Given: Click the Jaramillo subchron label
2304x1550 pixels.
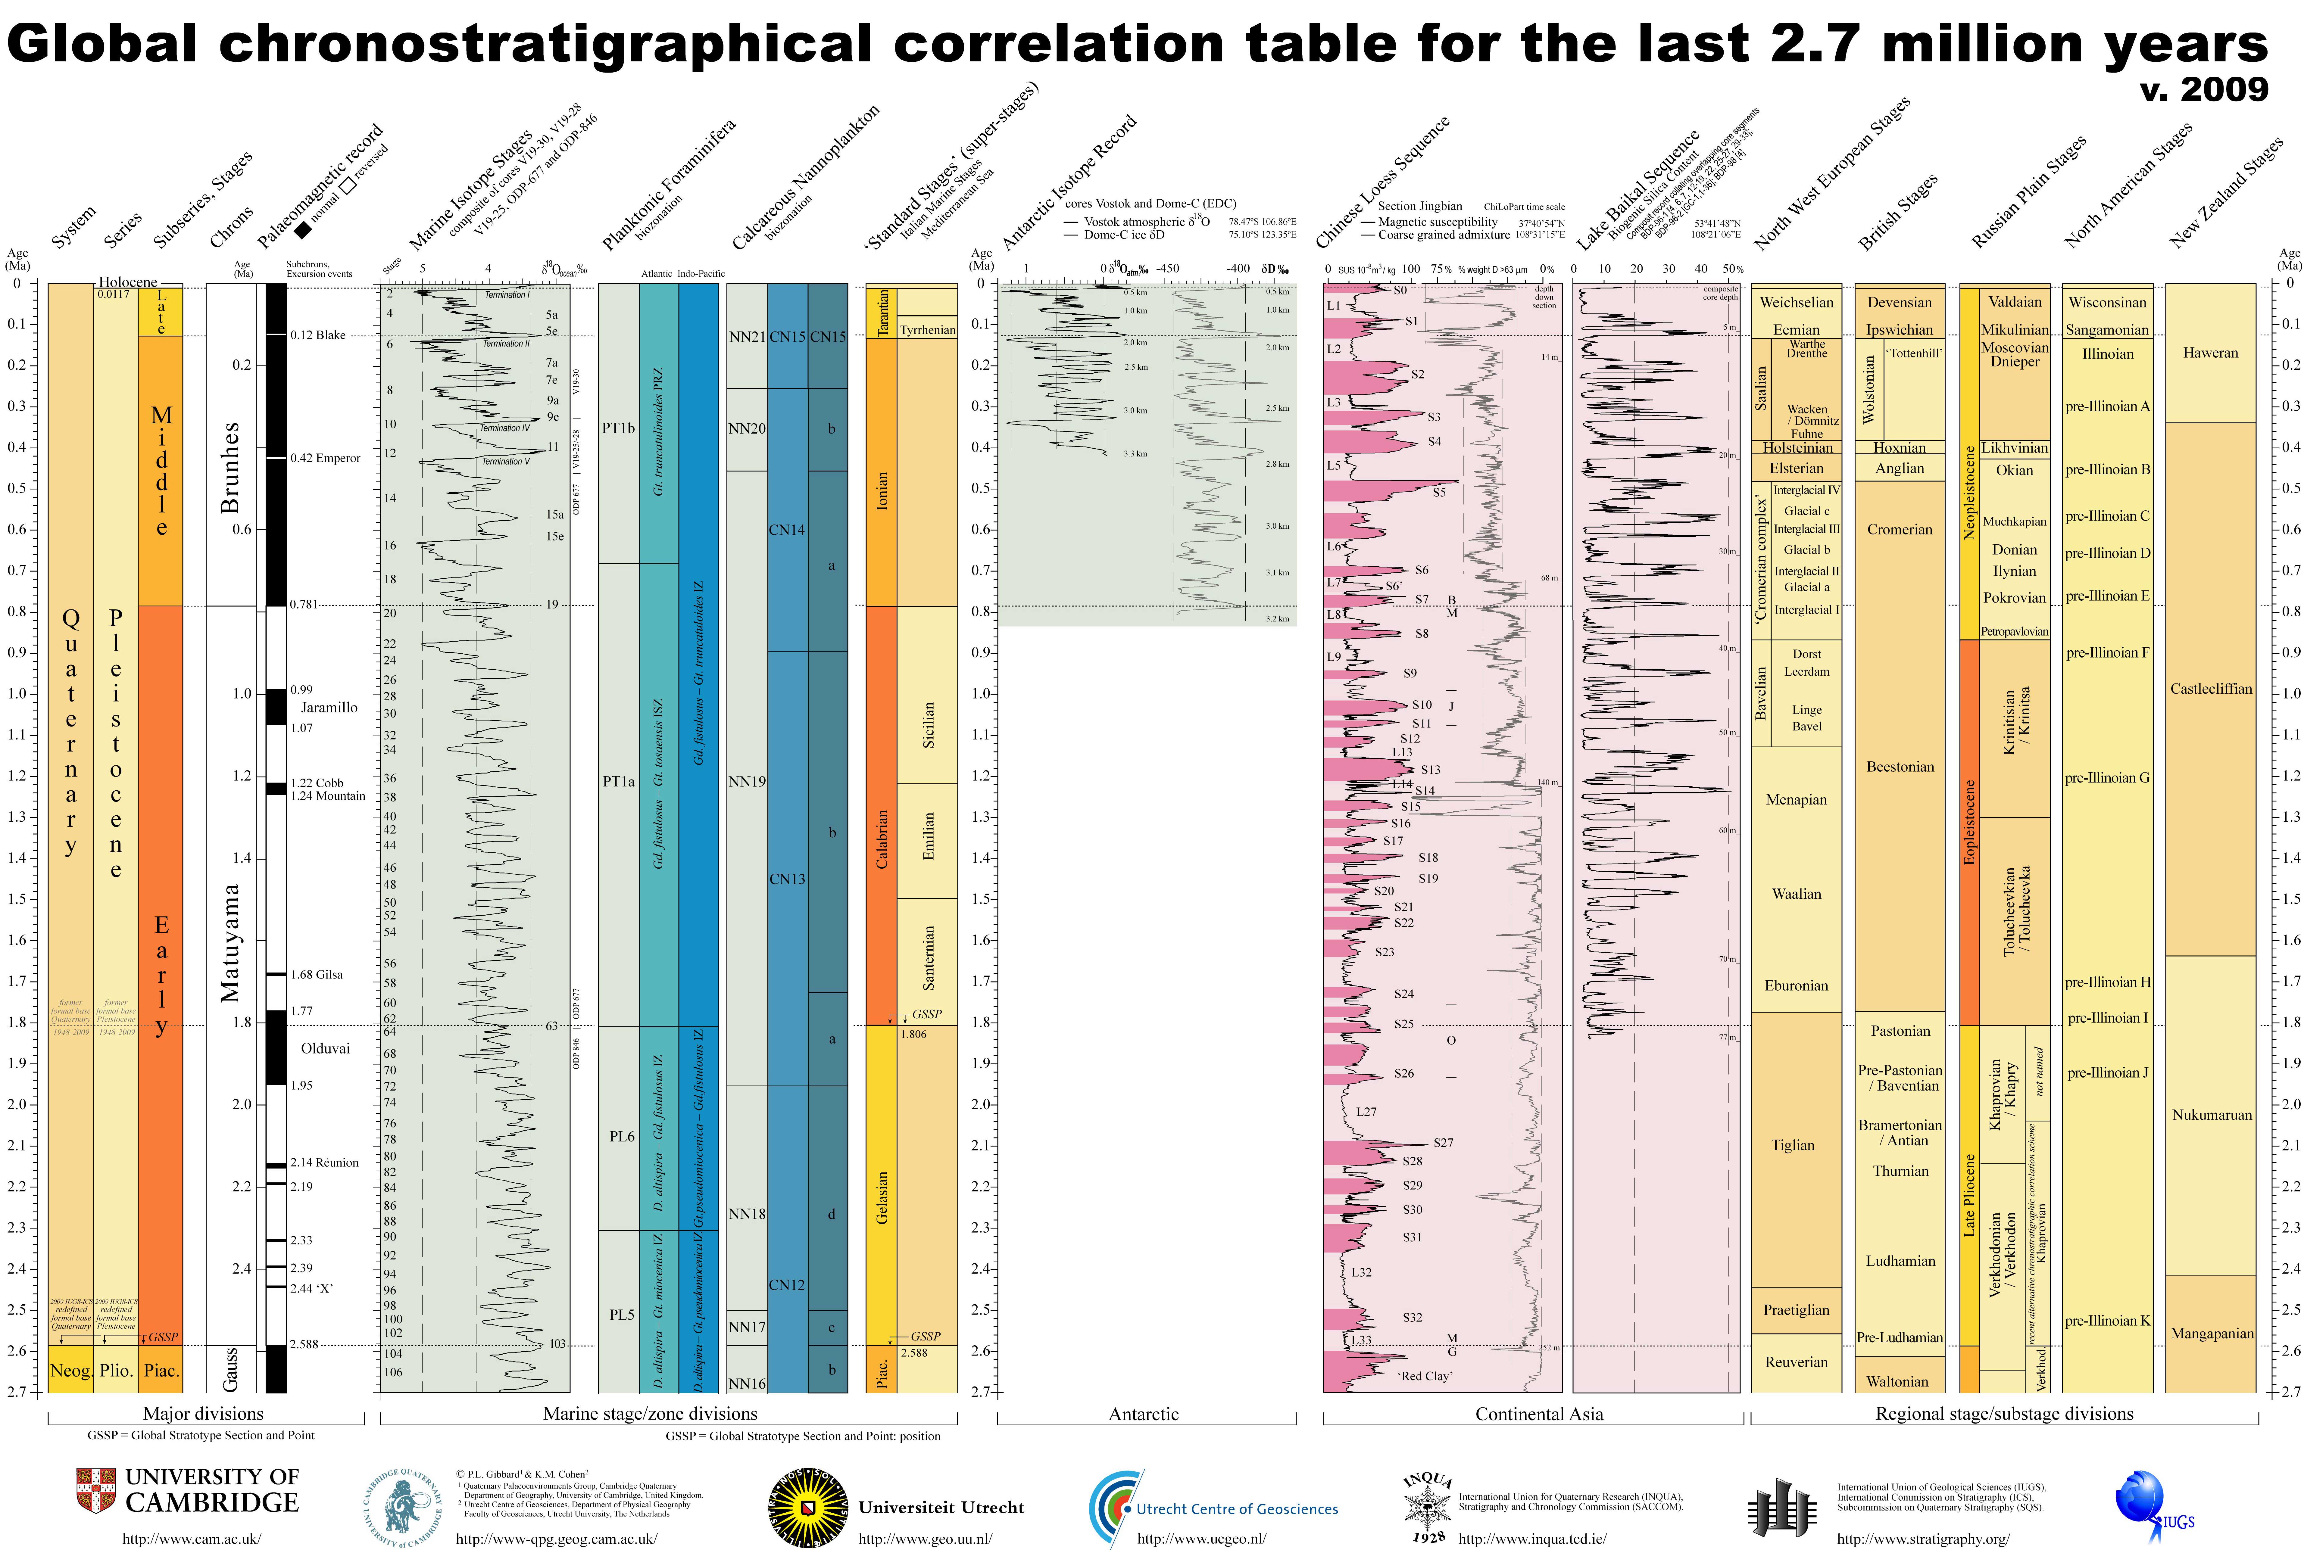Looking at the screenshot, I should [328, 708].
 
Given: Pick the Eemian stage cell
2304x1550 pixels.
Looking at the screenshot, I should [1796, 330].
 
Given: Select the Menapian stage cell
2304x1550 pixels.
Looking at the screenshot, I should [1796, 800].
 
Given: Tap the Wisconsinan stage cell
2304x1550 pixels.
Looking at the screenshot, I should [2107, 303].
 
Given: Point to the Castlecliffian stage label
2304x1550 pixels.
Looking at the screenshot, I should [2211, 689].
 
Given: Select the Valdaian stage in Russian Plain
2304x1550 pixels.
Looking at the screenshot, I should [2014, 303].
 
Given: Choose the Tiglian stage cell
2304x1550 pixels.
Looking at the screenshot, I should [1793, 1146].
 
